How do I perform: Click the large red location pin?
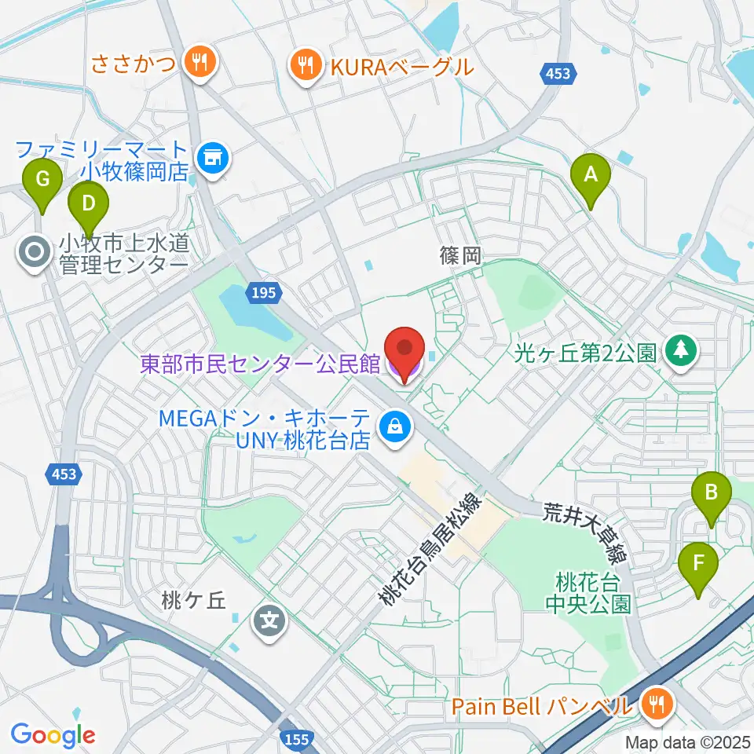[x=404, y=351]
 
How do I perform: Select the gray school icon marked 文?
[x=269, y=623]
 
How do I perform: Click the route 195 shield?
[x=264, y=292]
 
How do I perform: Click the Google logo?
[x=53, y=735]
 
